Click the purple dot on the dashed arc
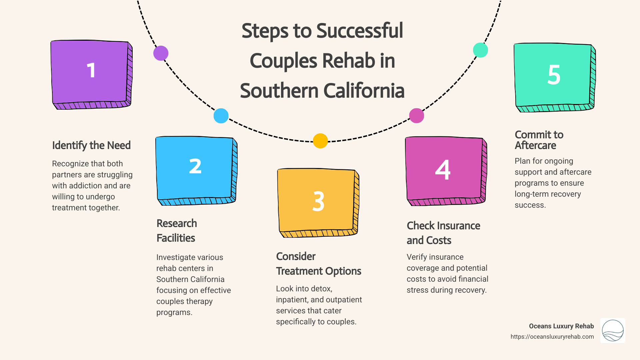(x=161, y=53)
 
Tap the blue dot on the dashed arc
(x=221, y=116)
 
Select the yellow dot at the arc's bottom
(x=320, y=141)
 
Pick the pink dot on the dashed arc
(x=416, y=116)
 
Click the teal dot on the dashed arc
(x=480, y=50)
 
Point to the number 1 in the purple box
(x=91, y=71)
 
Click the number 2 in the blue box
(x=195, y=166)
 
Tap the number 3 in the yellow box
(x=318, y=201)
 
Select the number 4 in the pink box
(x=443, y=170)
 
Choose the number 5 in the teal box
(x=554, y=75)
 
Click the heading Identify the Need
(x=91, y=145)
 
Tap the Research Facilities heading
(x=177, y=231)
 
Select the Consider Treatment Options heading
(x=318, y=264)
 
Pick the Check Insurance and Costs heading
(x=443, y=233)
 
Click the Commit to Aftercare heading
(x=539, y=140)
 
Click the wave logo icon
(x=613, y=330)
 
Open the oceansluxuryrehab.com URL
(x=552, y=337)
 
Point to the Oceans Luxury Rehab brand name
(x=561, y=326)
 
